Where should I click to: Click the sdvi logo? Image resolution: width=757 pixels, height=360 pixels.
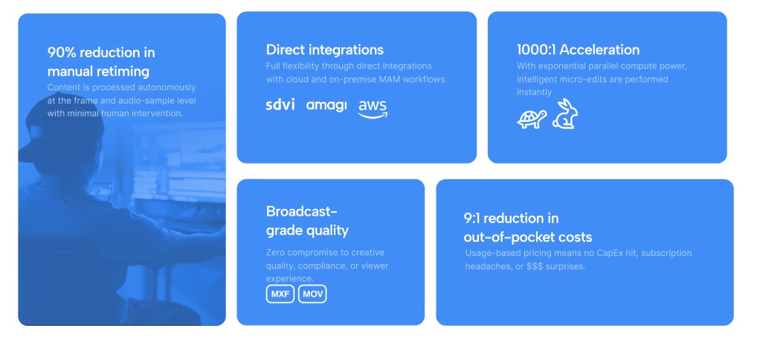tap(280, 104)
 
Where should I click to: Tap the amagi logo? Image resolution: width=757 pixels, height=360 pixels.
tap(326, 106)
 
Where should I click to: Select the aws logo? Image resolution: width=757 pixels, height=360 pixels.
tap(373, 109)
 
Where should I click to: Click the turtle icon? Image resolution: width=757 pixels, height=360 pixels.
tap(532, 119)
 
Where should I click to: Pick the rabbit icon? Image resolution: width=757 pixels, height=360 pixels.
tap(565, 114)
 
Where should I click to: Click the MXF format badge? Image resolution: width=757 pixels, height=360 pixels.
tap(280, 294)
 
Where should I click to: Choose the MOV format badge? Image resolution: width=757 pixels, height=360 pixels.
tap(312, 294)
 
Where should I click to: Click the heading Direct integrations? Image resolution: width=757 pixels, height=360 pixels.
tap(325, 50)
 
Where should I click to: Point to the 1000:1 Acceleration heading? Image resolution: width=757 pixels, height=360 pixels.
tap(578, 50)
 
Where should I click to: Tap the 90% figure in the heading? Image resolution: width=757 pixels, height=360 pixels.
tap(61, 52)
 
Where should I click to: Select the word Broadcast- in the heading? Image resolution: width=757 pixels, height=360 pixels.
tap(302, 211)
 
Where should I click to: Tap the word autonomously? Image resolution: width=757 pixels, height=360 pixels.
tap(167, 88)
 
